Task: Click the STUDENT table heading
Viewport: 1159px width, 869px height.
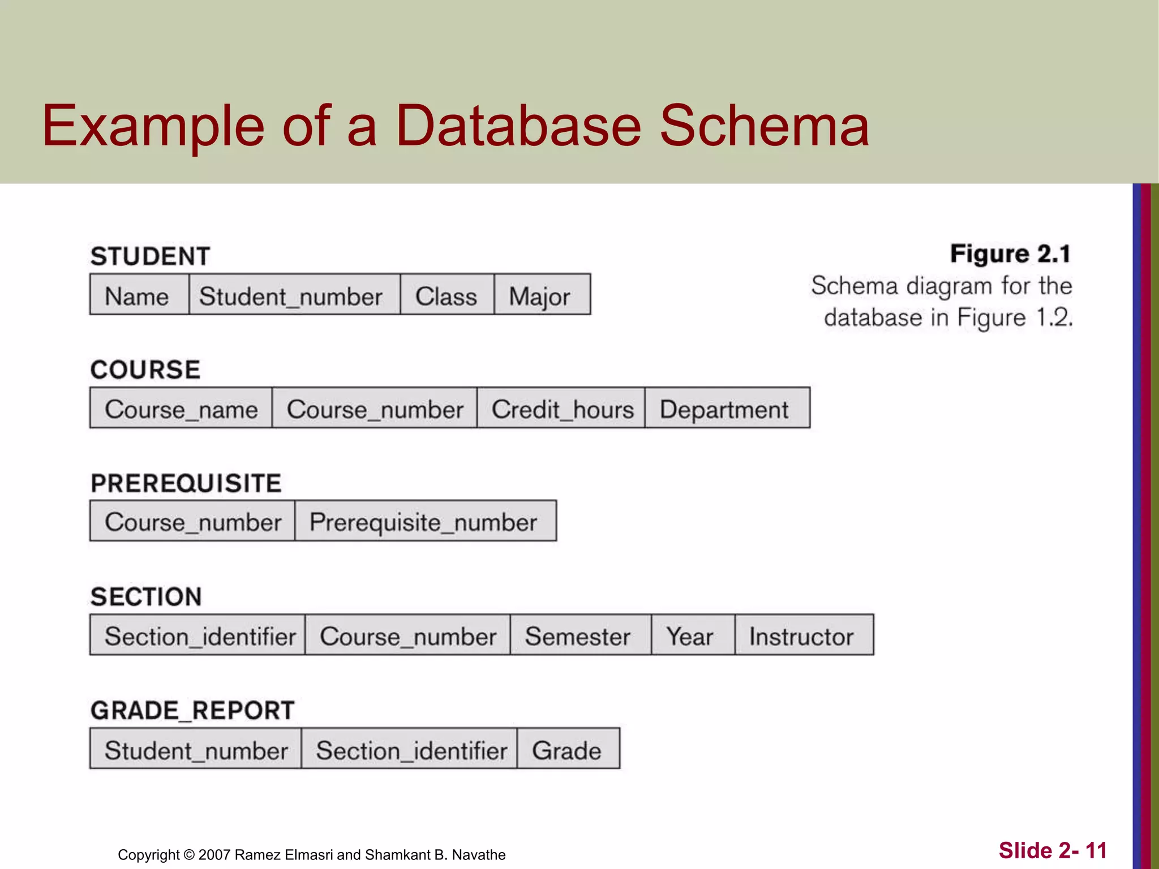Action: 150,256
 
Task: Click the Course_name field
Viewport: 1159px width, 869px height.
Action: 181,408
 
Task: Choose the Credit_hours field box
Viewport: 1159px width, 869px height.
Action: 561,408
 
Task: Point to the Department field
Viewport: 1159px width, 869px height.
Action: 727,408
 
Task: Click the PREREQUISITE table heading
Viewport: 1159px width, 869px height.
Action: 186,483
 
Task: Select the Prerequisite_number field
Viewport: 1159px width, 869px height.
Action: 424,521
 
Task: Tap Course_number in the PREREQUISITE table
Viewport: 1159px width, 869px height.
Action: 192,521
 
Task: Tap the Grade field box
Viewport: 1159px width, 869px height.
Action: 568,749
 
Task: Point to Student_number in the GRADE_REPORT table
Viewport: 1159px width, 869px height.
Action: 195,749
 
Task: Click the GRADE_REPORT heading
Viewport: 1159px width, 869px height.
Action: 192,710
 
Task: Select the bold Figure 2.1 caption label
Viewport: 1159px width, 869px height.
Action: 1010,253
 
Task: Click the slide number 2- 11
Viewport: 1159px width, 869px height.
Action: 1053,850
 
